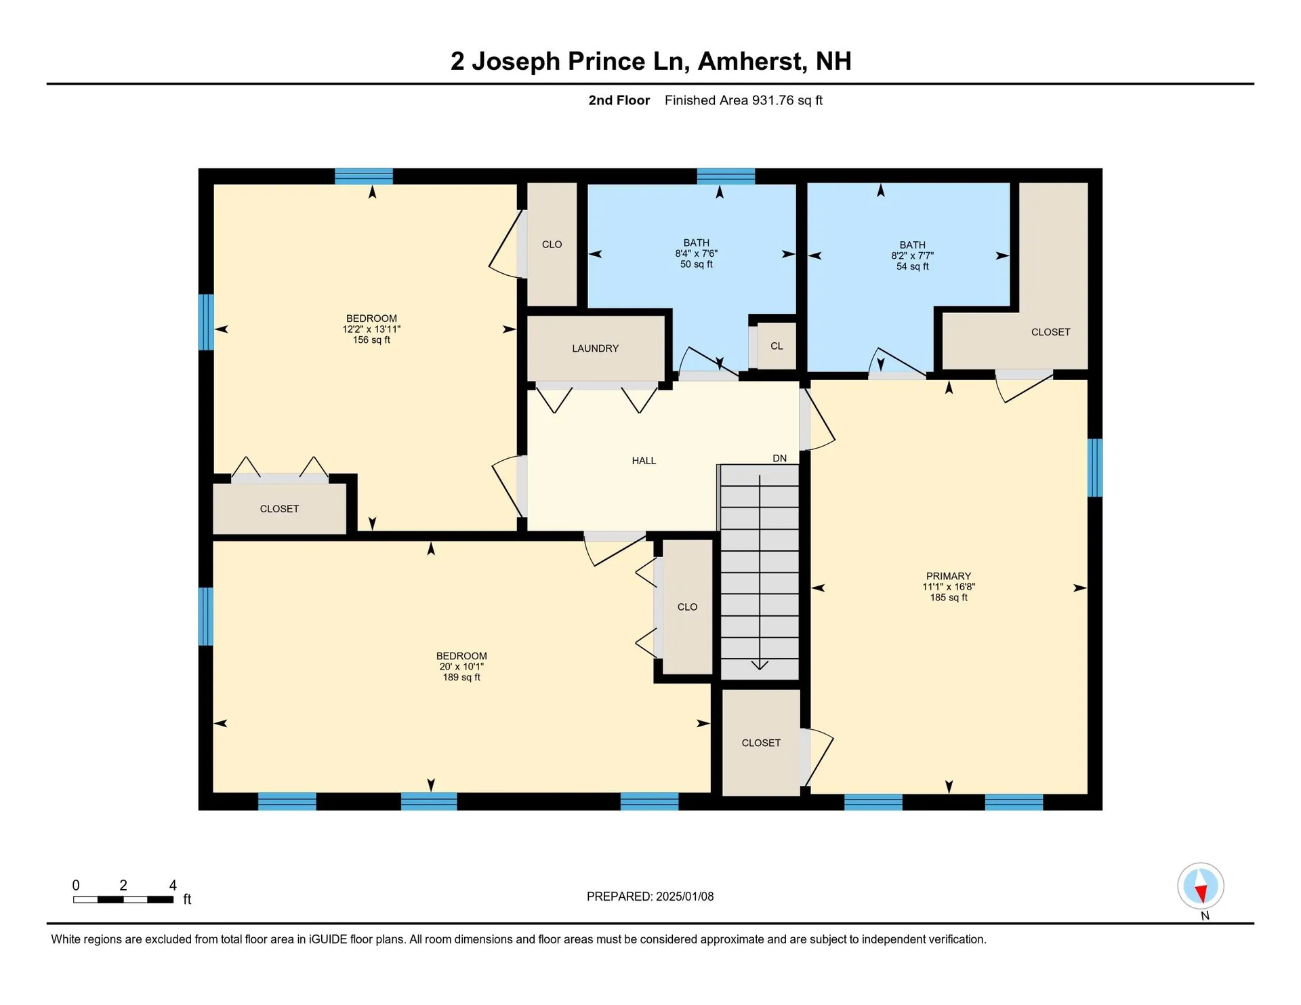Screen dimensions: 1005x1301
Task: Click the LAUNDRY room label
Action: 595,348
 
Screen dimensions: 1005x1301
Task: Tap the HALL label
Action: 644,461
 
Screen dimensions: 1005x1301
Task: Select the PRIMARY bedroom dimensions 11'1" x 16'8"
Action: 948,587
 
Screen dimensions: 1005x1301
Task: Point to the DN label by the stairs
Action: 779,459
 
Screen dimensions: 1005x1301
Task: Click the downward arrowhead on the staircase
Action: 760,665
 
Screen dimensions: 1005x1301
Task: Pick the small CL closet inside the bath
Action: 777,346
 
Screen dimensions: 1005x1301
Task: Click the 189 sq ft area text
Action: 461,677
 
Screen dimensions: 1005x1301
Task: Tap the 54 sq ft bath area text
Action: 912,266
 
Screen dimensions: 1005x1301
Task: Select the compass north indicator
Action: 1200,886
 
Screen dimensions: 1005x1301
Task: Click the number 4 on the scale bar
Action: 173,885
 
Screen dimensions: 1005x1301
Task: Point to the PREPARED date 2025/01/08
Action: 650,897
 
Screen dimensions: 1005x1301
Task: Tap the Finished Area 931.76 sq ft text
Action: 743,100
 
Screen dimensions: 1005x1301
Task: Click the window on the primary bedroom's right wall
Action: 1094,468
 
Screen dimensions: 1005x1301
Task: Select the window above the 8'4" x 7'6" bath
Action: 726,176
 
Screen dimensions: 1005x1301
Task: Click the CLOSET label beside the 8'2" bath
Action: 1050,332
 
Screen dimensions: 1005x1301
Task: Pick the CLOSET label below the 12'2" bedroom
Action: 279,509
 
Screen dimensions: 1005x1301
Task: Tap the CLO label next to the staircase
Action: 687,607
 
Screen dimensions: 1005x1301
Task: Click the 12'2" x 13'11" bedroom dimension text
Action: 371,329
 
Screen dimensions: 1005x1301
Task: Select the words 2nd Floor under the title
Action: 619,100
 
